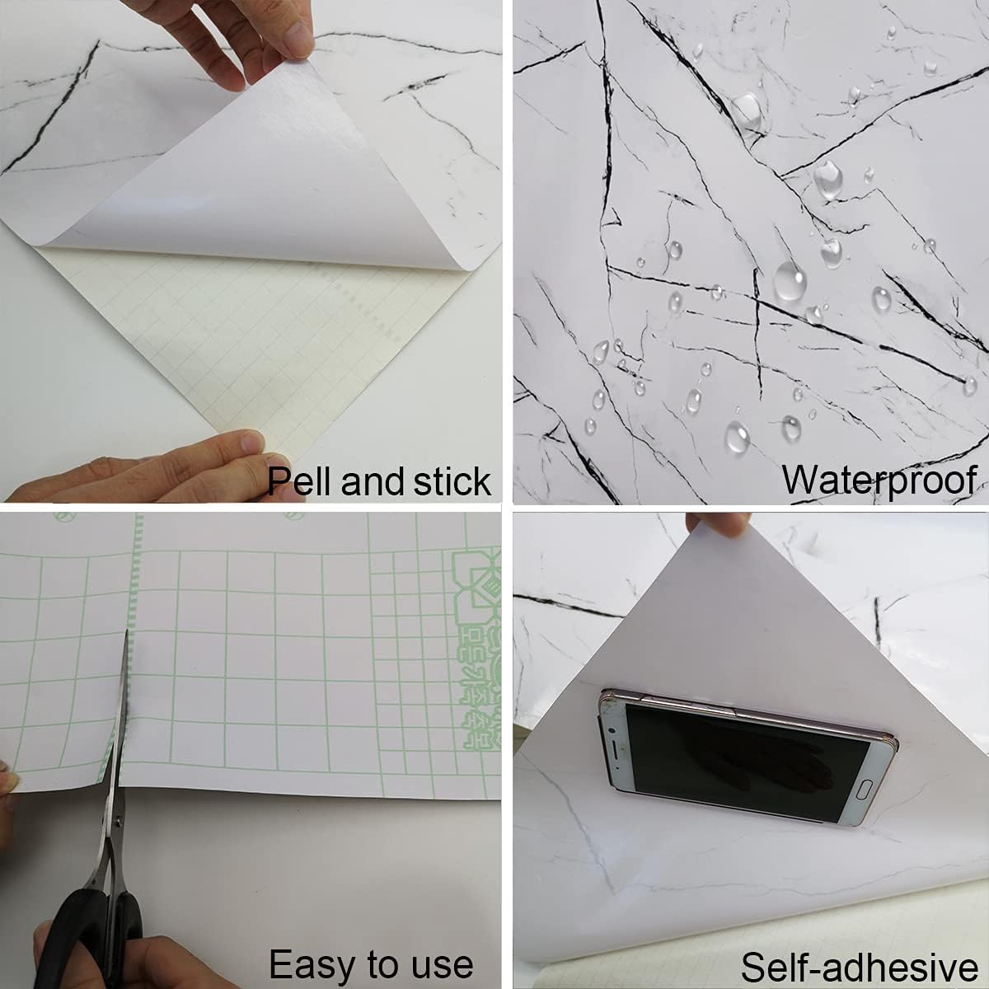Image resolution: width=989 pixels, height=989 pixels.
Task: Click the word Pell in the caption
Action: coord(298,480)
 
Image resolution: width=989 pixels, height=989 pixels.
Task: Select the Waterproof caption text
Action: coord(879,480)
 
